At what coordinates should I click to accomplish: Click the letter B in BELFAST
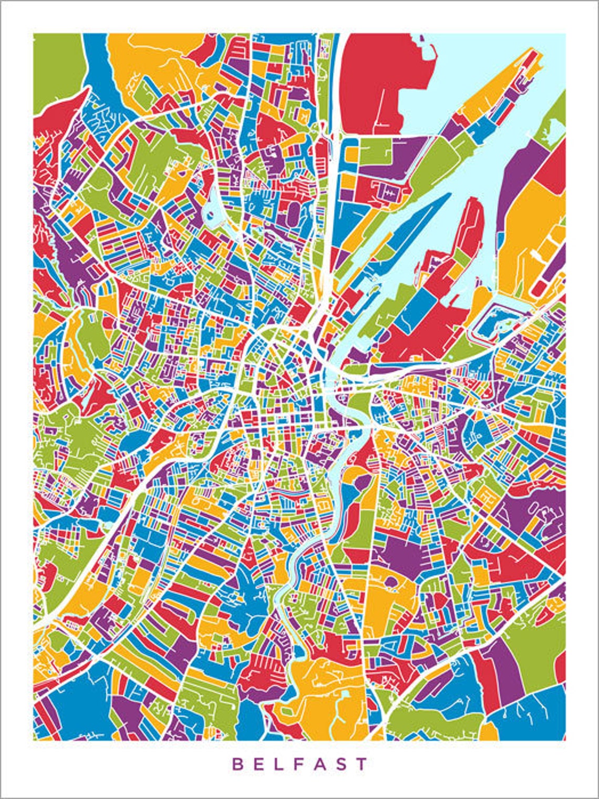click(x=237, y=764)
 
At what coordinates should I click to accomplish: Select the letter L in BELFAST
click(x=280, y=764)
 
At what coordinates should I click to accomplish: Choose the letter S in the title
click(x=341, y=764)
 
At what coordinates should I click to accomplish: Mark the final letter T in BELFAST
click(x=362, y=764)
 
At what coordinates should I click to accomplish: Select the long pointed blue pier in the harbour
click(x=415, y=226)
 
